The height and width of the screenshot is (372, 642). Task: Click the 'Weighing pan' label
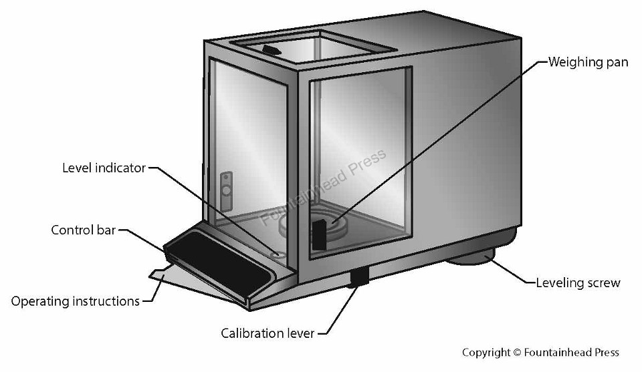coord(588,63)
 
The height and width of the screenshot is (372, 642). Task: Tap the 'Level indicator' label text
coord(104,168)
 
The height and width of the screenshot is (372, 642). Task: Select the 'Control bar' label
coord(84,230)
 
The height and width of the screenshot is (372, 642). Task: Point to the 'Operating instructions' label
coord(76,301)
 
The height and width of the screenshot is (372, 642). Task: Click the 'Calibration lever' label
coord(267,333)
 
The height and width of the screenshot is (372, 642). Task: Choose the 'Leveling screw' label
coord(578,283)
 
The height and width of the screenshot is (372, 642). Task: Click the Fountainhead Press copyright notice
coord(540,353)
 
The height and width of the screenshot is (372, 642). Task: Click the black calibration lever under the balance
coord(360,276)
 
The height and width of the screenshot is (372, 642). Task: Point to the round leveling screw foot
coord(471,257)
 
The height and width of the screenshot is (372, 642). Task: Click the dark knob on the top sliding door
coord(271,49)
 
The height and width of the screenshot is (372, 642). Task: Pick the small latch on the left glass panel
coord(227,184)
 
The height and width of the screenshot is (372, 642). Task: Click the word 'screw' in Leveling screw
coord(603,283)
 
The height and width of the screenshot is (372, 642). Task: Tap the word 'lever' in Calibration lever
coord(298,333)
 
